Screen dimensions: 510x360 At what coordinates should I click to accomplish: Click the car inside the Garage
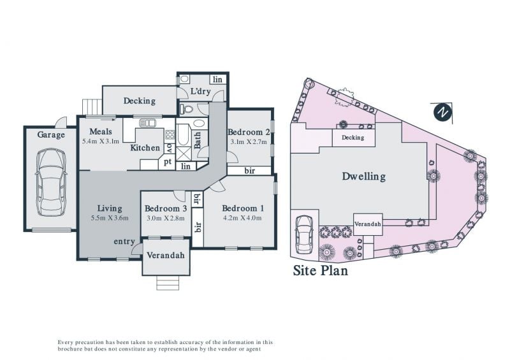point(51,182)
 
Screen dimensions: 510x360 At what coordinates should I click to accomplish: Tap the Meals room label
point(101,131)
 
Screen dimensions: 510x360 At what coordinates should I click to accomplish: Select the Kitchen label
point(145,148)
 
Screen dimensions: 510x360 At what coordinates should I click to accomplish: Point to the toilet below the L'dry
point(186,108)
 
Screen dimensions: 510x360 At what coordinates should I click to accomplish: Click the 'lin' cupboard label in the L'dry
point(217,80)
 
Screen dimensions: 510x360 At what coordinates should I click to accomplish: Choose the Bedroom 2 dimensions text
point(249,141)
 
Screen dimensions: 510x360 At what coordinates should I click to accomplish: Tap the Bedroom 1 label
point(243,208)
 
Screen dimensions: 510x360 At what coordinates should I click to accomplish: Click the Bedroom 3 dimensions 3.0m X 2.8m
point(166,218)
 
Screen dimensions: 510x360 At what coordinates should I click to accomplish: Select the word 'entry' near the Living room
point(124,241)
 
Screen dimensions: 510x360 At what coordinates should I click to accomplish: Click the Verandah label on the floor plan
point(166,256)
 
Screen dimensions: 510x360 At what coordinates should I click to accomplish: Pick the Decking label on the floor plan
point(139,101)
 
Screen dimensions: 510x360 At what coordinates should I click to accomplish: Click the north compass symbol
point(442,112)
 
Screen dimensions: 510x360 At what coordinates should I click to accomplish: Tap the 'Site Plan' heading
point(321,271)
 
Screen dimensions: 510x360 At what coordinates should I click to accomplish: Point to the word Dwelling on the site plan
point(363,176)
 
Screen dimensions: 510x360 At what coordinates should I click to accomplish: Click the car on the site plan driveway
point(303,235)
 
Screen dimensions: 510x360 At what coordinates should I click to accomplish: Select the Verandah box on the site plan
point(368,224)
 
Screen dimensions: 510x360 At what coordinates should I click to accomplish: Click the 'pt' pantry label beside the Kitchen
point(168,161)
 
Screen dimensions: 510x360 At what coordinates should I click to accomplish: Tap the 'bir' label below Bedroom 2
point(249,170)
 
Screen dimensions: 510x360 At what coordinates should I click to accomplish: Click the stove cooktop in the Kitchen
point(170,134)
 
